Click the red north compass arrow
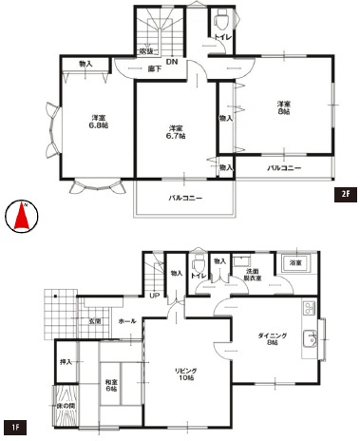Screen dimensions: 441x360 click(x=21, y=219)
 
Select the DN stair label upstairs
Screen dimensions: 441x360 click(x=171, y=63)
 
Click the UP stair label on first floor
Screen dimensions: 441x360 click(x=154, y=296)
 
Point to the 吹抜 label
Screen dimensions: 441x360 click(x=146, y=50)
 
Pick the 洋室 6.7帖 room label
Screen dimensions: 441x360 click(x=176, y=132)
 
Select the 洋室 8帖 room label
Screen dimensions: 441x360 click(x=283, y=107)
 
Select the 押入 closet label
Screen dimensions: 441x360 click(x=66, y=362)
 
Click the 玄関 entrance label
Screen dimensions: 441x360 click(x=96, y=322)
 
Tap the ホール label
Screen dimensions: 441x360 click(x=126, y=322)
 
